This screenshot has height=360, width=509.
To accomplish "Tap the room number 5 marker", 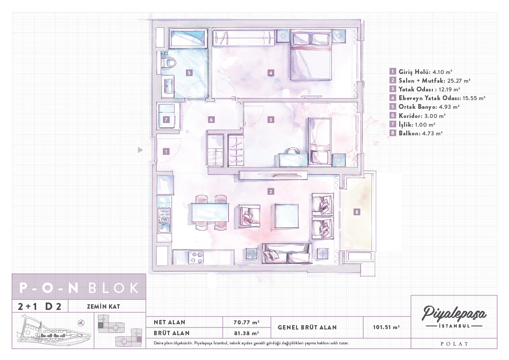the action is coord(189,73).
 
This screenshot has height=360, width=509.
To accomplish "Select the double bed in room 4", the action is coord(311,55).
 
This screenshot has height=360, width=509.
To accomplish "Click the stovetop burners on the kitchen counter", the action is coord(197,257).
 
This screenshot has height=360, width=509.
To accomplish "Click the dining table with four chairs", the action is coord(210,212).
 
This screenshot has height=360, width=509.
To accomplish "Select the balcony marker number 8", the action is coord(357,212).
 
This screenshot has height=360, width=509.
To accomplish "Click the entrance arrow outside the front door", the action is coord(140,150).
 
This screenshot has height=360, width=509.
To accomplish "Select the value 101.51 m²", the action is coord(386,327).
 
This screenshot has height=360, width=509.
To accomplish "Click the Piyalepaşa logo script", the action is coord(454,313).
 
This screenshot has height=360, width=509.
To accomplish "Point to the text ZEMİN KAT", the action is coord(104,306).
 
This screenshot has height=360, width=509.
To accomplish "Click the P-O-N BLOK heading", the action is coord(79,288).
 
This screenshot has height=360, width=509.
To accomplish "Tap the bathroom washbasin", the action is coord(168,86).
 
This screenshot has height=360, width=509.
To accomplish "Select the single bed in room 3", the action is coord(320,141).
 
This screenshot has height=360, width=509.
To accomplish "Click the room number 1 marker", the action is coord(166,151).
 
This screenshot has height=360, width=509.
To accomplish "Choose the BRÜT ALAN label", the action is coord(172,333).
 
